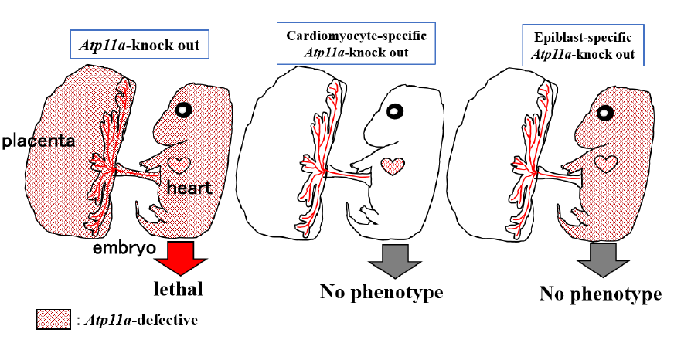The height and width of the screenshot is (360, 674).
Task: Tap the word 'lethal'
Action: coord(177,290)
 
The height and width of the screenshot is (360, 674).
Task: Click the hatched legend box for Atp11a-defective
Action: coord(53,319)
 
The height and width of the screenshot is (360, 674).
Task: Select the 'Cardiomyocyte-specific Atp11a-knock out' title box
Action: coord(350,44)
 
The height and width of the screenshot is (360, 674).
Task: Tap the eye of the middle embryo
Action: coord(393,112)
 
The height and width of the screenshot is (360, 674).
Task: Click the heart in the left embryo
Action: coord(180,165)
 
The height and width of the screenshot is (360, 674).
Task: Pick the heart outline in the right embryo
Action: coord(604,163)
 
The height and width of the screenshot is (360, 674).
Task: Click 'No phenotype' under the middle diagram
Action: coord(381,292)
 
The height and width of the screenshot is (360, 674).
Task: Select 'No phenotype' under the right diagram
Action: coord(601,294)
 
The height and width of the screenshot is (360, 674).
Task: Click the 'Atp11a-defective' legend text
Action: coord(138,319)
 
